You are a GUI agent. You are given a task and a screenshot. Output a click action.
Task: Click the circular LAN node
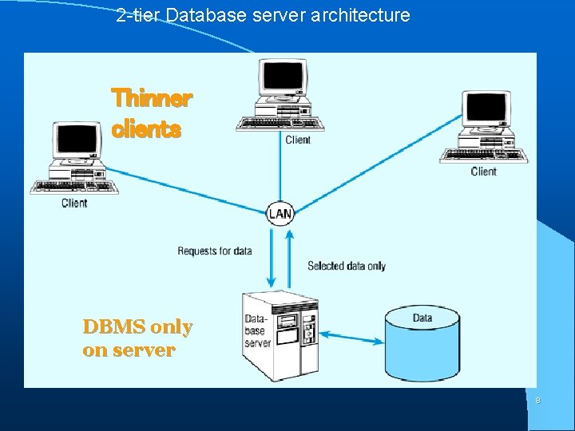point(280,213)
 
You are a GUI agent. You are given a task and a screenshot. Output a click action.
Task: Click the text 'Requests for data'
point(214,251)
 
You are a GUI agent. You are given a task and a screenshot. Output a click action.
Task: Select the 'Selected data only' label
point(346,266)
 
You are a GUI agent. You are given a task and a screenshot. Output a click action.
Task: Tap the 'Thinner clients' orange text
point(152,113)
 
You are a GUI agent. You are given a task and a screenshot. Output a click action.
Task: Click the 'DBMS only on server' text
point(137,338)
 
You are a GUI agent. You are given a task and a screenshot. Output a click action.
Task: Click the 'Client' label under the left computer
point(74,203)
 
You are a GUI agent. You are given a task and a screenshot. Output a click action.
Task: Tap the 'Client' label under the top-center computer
point(298,140)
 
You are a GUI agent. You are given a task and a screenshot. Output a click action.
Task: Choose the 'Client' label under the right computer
point(483,171)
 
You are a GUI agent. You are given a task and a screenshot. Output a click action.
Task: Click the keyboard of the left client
point(73,187)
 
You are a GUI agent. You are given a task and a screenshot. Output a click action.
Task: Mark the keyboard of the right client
point(482,156)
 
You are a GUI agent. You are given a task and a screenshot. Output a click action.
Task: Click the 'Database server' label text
point(258,331)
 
